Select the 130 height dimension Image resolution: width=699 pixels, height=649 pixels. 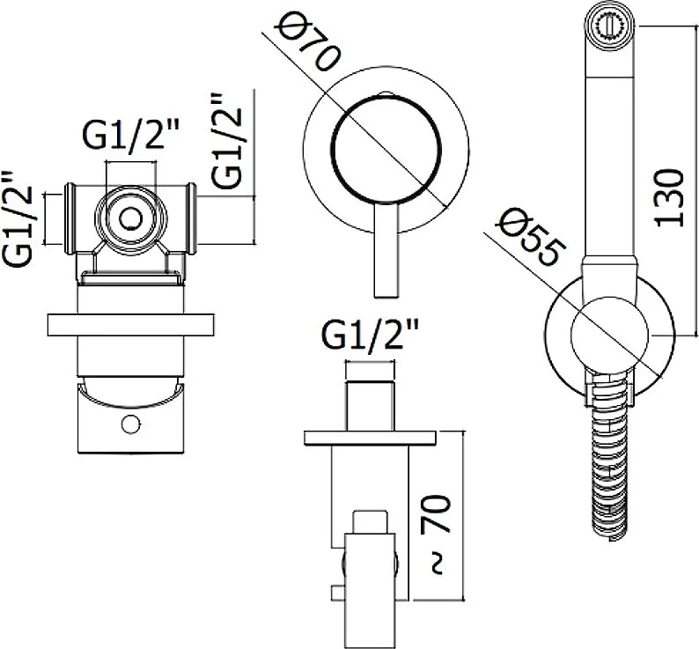tap(669, 197)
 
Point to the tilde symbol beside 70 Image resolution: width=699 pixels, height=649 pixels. tap(438, 564)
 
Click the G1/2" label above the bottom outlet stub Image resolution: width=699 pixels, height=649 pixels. tap(371, 336)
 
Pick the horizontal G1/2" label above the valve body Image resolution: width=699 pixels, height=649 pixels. tap(130, 134)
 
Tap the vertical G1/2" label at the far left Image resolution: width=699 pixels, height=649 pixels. tap(18, 219)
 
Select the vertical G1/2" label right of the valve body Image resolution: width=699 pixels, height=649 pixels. tap(226, 141)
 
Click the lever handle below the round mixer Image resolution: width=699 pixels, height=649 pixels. tap(386, 251)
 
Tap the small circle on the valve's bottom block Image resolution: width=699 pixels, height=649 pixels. tap(130, 424)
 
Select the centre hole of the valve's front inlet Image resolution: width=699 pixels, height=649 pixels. tap(130, 218)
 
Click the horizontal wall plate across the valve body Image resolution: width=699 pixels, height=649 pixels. tap(130, 325)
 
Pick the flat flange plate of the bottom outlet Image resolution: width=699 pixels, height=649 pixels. tap(370, 438)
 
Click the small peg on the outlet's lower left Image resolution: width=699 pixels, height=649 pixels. tap(337, 593)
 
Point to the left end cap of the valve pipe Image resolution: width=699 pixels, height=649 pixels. tap(70, 218)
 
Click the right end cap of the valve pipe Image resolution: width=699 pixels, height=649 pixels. tap(191, 218)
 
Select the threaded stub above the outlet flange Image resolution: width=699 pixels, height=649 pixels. tap(371, 406)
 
